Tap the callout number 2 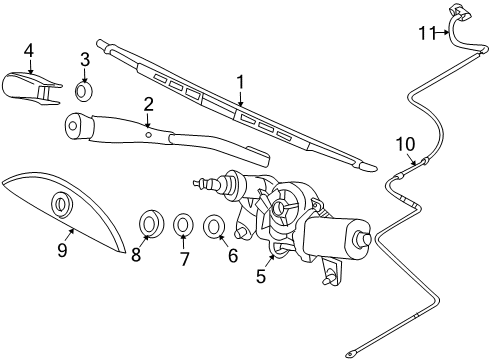[148, 104]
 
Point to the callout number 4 [29, 50]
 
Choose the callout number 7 [184, 258]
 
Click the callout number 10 [404, 144]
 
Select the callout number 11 [427, 34]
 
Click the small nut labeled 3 [85, 91]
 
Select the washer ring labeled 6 [214, 228]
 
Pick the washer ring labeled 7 [184, 226]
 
